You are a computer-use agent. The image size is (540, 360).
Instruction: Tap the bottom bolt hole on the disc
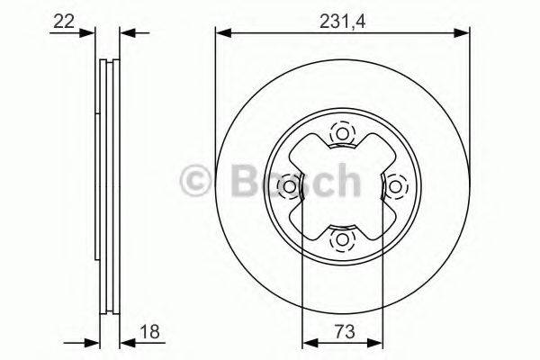pos(342,238)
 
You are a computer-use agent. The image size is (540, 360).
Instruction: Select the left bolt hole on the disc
pos(290,186)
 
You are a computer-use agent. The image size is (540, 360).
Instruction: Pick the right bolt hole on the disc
pos(395,186)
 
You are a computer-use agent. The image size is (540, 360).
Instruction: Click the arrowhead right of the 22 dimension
pos(127,33)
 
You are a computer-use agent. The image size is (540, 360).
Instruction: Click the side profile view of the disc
pos(107,186)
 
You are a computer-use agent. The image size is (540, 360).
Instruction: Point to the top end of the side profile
pos(107,61)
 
